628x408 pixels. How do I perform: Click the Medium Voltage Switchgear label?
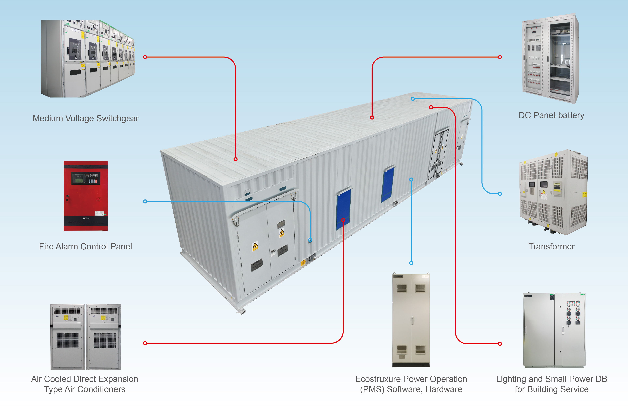(86, 119)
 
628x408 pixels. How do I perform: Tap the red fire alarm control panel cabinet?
(86, 196)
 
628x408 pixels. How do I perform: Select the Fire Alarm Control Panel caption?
(86, 246)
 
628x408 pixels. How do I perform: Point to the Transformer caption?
(552, 246)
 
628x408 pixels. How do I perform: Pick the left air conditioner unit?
(67, 337)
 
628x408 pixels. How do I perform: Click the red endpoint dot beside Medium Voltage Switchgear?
(145, 57)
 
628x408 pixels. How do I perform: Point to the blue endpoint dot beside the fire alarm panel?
(145, 201)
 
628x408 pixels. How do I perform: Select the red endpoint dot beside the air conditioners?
(145, 343)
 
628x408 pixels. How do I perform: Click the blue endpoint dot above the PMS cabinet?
(411, 263)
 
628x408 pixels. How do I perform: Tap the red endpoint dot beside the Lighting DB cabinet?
(500, 344)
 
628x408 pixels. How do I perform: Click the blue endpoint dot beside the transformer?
(500, 194)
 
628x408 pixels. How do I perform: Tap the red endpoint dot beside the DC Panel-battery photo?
(500, 57)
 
